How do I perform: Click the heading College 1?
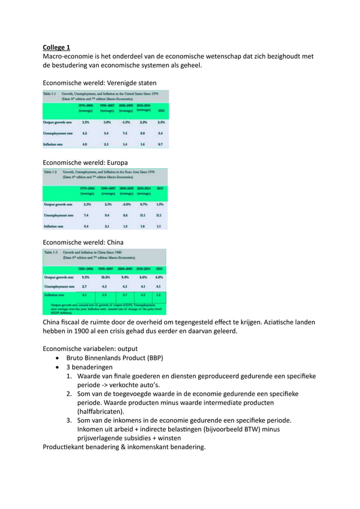point(56,47)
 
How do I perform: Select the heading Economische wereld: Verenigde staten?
point(100,83)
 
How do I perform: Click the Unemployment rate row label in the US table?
point(58,133)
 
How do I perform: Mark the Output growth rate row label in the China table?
point(58,277)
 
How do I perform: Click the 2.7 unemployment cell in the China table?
point(84,286)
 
